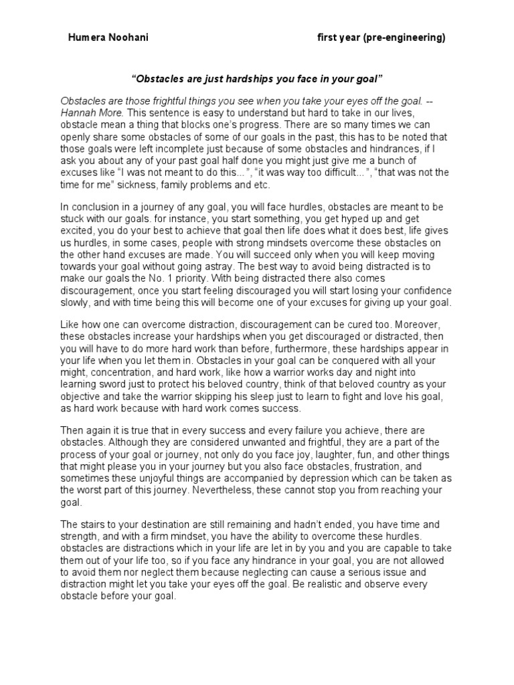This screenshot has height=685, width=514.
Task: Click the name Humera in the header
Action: tap(85, 38)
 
